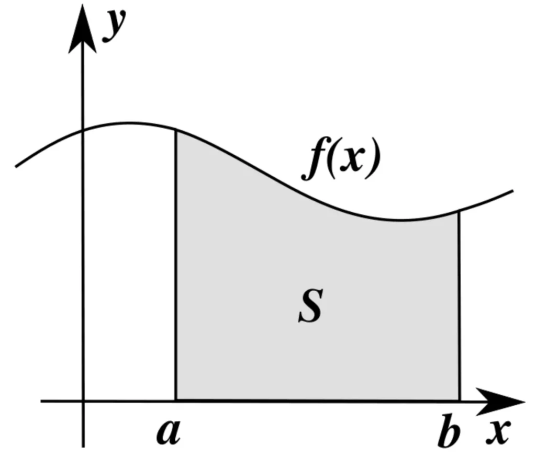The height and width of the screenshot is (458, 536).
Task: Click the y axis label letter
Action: pos(114,25)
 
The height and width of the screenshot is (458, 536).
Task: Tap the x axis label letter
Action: pos(499,432)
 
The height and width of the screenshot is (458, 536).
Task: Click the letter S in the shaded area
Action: pos(310,306)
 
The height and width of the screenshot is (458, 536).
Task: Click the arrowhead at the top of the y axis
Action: pos(82,29)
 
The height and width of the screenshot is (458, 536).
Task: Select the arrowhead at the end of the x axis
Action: pos(501,402)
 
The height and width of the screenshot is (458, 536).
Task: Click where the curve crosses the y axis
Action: pos(82,130)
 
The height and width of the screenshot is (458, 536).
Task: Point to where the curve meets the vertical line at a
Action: pos(176,130)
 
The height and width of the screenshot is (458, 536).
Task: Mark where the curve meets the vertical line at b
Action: pos(459,211)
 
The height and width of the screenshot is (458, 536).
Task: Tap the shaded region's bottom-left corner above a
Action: pos(176,400)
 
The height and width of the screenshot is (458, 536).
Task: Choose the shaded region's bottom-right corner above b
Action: pos(460,400)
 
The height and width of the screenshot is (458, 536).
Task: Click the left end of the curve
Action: pos(16,167)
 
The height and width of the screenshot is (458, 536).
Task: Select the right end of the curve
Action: pos(513,191)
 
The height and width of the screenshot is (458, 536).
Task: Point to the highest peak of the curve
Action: pos(128,123)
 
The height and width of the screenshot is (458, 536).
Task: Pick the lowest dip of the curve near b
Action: pos(400,220)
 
